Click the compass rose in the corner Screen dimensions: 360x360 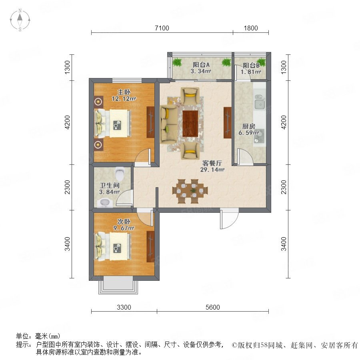click(x=20, y=20)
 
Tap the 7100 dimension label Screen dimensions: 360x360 click(x=162, y=28)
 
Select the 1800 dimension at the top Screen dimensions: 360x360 click(x=251, y=28)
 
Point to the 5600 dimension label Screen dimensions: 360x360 click(x=213, y=307)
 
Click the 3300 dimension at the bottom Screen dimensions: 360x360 click(x=124, y=307)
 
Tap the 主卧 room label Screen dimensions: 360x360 click(x=124, y=92)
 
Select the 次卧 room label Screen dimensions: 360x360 click(x=124, y=222)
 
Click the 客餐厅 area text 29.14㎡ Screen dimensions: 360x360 click(x=212, y=170)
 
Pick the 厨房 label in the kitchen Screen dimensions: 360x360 click(x=249, y=126)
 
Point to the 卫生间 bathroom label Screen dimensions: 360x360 click(x=110, y=185)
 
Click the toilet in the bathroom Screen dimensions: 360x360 click(x=120, y=174)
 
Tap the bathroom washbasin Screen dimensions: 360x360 click(x=104, y=203)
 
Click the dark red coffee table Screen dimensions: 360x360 click(x=190, y=124)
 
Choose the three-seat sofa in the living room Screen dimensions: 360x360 click(x=168, y=124)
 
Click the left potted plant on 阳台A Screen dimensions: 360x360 click(x=177, y=62)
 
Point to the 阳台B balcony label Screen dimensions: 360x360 click(x=251, y=66)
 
